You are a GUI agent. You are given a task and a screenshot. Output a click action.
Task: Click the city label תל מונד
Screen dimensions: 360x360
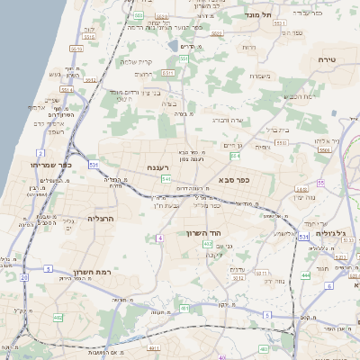tap(259, 15)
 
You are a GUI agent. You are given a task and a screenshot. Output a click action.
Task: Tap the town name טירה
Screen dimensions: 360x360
tap(327, 58)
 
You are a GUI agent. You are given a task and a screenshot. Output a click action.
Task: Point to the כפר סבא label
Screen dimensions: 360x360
tap(233, 180)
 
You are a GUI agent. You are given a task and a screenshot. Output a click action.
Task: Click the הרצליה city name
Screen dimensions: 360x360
tap(101, 218)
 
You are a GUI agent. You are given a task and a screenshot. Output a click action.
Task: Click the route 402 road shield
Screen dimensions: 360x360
tap(208, 243)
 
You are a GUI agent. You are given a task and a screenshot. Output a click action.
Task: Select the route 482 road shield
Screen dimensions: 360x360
tap(58, 317)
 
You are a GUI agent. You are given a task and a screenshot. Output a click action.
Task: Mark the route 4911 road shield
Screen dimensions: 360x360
tap(155, 347)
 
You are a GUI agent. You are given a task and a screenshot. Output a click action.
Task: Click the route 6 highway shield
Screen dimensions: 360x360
tap(329, 285)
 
